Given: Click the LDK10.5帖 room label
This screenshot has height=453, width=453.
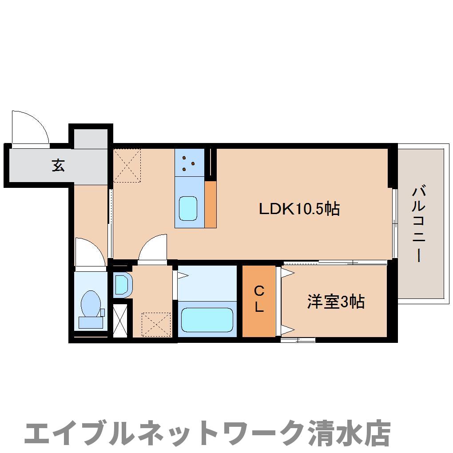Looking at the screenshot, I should click(299, 208).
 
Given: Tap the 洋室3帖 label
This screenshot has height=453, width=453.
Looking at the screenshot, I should click(336, 302).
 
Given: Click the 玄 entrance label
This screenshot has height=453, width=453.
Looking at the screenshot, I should click(58, 165).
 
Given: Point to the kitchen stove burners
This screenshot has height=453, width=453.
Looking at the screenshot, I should click(189, 163).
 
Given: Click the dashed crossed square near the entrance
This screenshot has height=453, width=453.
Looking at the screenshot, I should click(127, 165).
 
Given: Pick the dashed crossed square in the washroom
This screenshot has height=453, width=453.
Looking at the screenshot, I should click(156, 325).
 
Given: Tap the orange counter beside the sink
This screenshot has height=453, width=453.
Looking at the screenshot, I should click(211, 204).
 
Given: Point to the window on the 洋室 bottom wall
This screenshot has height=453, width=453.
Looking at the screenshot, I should click(298, 340).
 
